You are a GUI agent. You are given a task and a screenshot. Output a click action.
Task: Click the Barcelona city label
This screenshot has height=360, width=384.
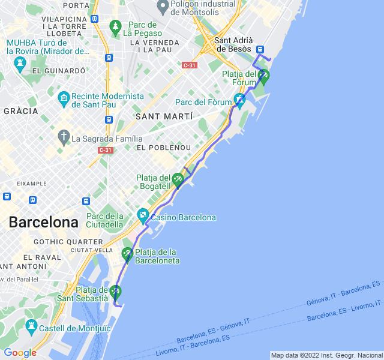tap(43, 223)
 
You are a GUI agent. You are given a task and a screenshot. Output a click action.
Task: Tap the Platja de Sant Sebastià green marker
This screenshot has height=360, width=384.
tap(115, 292)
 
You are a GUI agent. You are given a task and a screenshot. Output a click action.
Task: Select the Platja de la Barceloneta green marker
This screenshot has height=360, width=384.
tap(127, 254)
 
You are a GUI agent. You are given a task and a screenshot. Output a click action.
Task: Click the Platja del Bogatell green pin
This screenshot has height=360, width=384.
tap(178, 179)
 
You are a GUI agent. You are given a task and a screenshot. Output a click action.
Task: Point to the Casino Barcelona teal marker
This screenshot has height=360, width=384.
tap(143, 214)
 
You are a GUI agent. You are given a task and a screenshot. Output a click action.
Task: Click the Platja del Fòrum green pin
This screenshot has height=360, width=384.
tap(263, 76)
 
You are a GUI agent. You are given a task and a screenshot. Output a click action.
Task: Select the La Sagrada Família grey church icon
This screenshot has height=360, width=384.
tap(64, 137)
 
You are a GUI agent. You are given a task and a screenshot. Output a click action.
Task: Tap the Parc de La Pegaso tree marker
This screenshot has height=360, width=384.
tap(115, 27)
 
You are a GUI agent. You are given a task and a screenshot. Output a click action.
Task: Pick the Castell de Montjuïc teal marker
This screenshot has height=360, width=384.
tap(32, 327)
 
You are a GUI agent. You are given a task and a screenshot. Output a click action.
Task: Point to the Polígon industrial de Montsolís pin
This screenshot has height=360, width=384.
tap(161, 8)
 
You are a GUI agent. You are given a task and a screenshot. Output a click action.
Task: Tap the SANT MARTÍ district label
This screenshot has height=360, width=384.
tap(164, 116)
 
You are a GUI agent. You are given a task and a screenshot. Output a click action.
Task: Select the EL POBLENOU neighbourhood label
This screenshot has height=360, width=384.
tap(163, 148)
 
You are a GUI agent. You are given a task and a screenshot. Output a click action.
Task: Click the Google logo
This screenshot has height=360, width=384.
tap(20, 353)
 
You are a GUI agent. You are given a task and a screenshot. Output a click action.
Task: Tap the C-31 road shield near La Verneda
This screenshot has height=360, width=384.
tap(190, 65)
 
